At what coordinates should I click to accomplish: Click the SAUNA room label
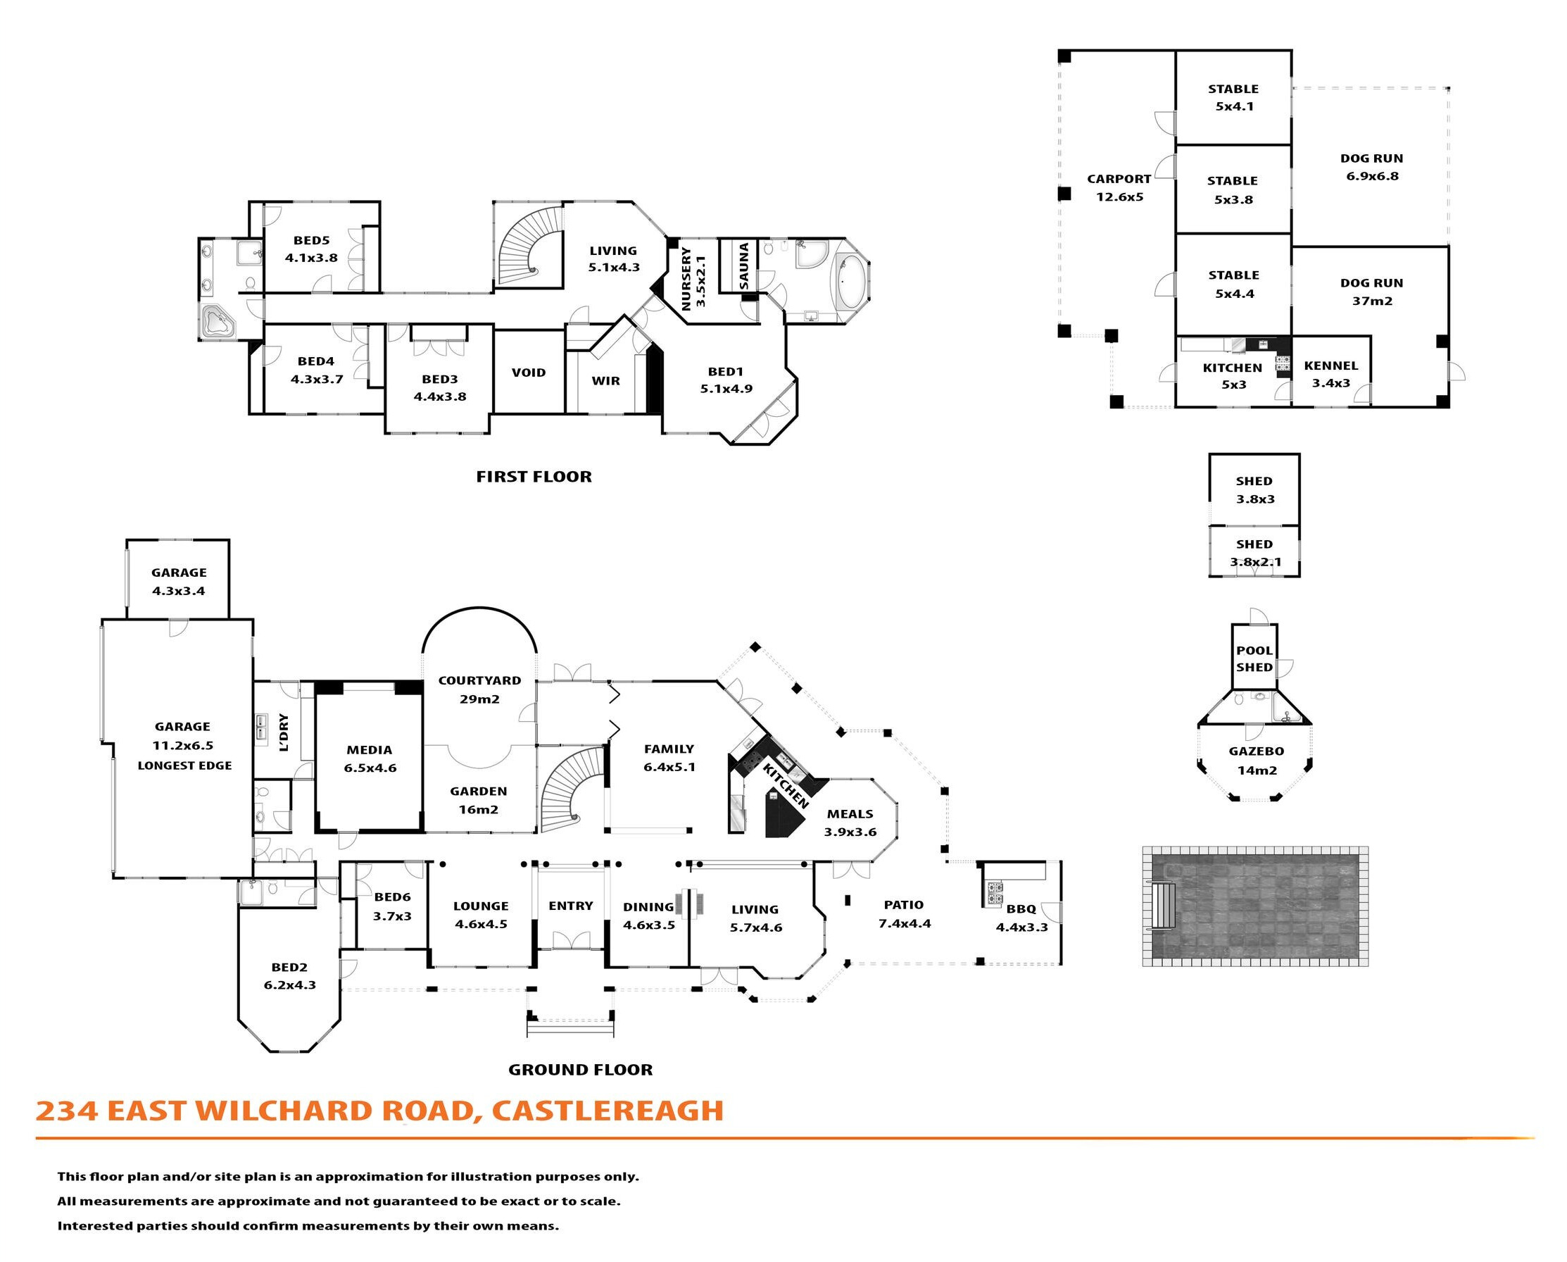coord(743,266)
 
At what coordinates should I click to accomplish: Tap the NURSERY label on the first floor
coord(686,278)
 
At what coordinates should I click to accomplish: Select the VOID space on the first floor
coord(529,373)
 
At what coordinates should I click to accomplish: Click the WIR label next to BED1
coord(605,380)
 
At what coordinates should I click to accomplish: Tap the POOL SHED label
coord(1254,658)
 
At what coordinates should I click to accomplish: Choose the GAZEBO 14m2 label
coord(1257,761)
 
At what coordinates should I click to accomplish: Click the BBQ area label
coord(1021,908)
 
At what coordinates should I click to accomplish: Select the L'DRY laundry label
coord(284,732)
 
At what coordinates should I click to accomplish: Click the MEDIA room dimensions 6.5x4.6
coord(370,768)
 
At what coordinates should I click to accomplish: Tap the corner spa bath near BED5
coord(218,322)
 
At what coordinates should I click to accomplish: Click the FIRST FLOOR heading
coord(534,477)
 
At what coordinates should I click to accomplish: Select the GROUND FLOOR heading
coord(580,1069)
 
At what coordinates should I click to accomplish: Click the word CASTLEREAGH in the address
coord(608,1111)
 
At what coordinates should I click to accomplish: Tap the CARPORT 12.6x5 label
coord(1119,187)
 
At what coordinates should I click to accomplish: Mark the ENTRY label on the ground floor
coord(570,906)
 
